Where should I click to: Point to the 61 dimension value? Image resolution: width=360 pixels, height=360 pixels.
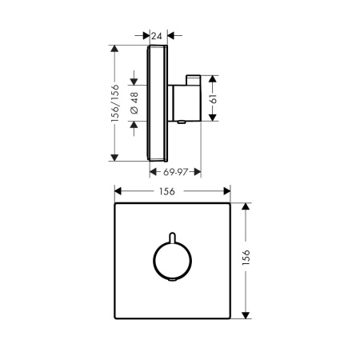pos(225,98)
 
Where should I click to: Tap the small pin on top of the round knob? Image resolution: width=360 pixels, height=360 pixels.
pos(172,238)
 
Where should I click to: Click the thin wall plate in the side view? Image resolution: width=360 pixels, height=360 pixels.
pos(159,103)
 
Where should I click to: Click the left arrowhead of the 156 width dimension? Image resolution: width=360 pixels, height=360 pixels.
pos(118,191)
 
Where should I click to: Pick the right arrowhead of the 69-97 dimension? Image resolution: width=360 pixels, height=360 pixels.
pos(198,170)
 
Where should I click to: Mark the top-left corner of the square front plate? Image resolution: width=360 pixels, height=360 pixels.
pos(116,205)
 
